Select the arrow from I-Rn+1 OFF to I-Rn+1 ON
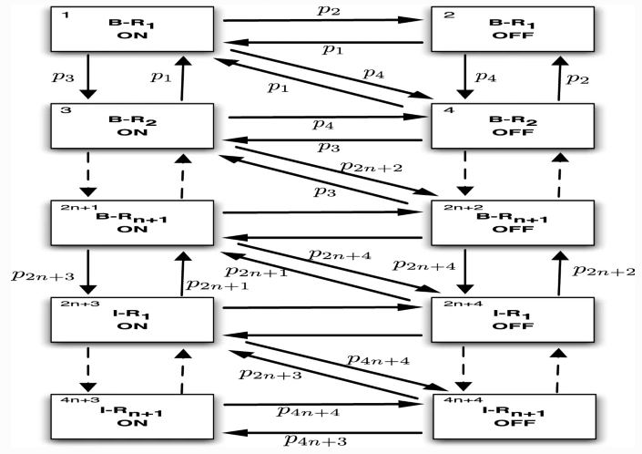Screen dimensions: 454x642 point(324,433)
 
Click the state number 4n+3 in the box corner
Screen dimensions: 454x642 point(73,399)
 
